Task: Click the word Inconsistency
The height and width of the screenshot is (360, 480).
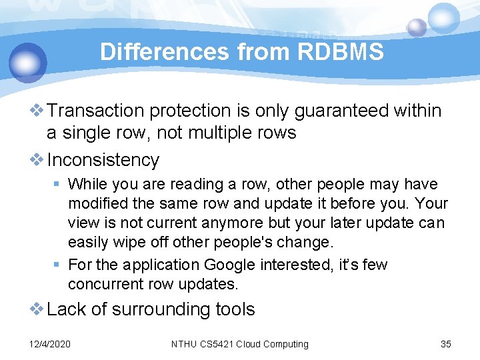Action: [103, 160]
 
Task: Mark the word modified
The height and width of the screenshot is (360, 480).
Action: [98, 203]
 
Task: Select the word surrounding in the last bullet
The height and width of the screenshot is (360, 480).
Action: [170, 309]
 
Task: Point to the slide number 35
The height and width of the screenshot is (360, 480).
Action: [446, 344]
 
